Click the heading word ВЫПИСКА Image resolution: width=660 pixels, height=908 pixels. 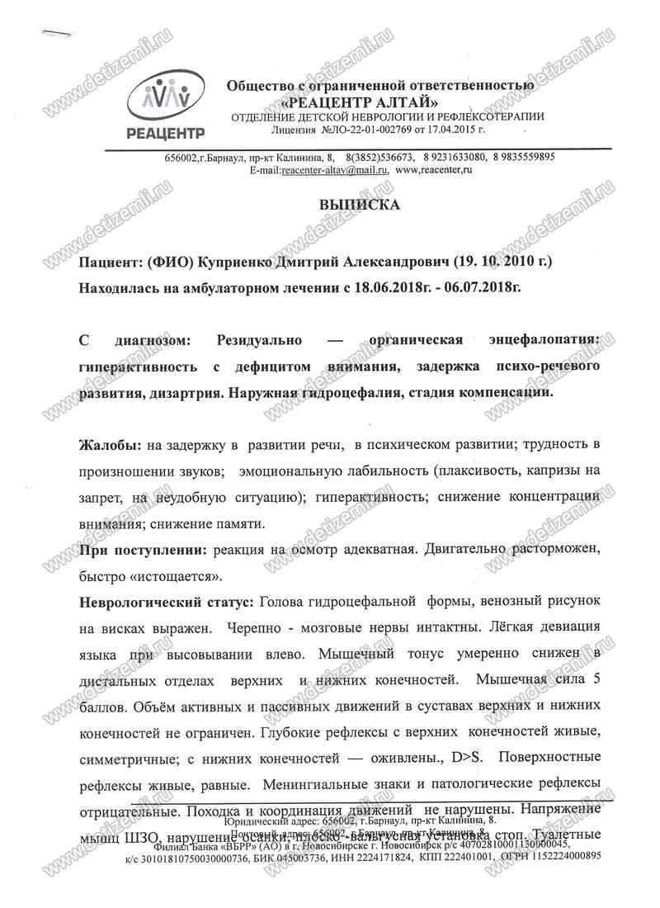coord(359,205)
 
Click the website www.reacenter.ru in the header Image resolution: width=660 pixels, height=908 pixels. coord(433,169)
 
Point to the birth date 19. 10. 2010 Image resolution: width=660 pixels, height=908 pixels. coord(505,262)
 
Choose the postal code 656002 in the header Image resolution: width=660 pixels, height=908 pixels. coord(182,157)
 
